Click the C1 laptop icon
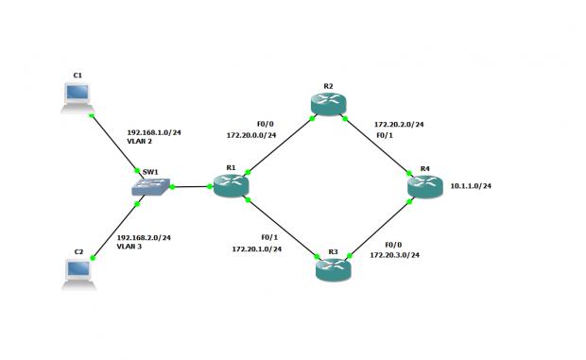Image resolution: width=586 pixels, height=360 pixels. coord(77,96)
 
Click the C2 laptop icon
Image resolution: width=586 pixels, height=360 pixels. coord(77,272)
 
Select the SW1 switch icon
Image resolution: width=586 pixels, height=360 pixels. coord(152,187)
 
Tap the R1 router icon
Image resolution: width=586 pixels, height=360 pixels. coord(231,186)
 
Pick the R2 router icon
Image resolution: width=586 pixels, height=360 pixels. coord(327,104)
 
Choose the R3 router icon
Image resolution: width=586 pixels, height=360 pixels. coord(333,269)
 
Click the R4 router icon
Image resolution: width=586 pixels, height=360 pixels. coord(424,186)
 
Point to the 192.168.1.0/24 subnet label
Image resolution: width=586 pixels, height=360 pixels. coord(152,132)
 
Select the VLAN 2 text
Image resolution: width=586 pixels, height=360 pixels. coord(140,141)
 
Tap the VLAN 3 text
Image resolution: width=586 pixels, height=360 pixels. coord(129,246)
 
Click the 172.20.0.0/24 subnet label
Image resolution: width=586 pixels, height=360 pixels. coord(250,135)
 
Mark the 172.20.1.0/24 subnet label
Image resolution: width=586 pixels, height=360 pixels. coord(256,249)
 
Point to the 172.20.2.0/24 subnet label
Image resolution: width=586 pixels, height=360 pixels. coord(399,124)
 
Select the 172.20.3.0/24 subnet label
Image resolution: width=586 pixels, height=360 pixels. coord(394,255)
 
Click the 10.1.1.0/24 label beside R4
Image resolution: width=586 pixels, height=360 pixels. coord(471,186)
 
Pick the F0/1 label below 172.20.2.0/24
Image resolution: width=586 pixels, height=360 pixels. coord(384,135)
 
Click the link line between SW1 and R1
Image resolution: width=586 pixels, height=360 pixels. coord(190,186)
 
